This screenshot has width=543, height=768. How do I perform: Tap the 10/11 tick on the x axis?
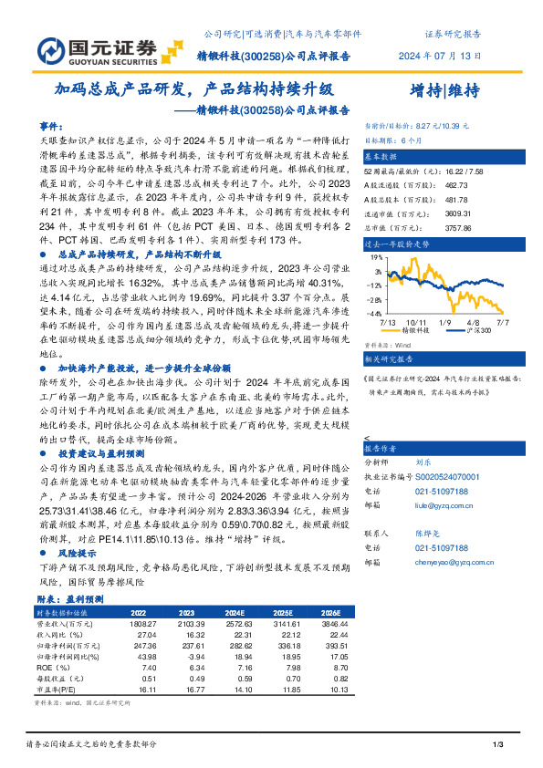pos(419,323)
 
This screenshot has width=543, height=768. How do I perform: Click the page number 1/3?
pos(498,747)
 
